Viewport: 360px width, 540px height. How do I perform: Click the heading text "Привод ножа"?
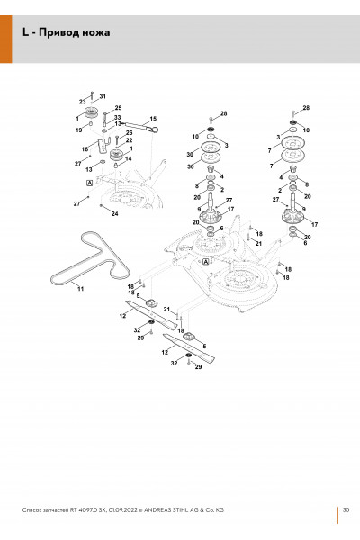(x=74, y=32)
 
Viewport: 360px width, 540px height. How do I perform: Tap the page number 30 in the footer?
(x=346, y=509)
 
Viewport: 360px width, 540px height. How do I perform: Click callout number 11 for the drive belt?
(x=80, y=289)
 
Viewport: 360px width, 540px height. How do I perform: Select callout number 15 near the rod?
(x=153, y=119)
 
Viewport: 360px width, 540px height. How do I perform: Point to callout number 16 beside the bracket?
(x=85, y=149)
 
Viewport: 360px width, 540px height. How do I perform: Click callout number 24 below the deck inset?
(x=114, y=214)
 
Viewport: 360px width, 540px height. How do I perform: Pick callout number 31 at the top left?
(x=103, y=96)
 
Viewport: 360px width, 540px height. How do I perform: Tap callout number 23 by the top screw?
(x=82, y=102)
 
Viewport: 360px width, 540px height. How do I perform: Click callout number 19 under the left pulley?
(x=79, y=130)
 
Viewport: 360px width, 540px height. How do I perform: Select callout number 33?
(x=118, y=118)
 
